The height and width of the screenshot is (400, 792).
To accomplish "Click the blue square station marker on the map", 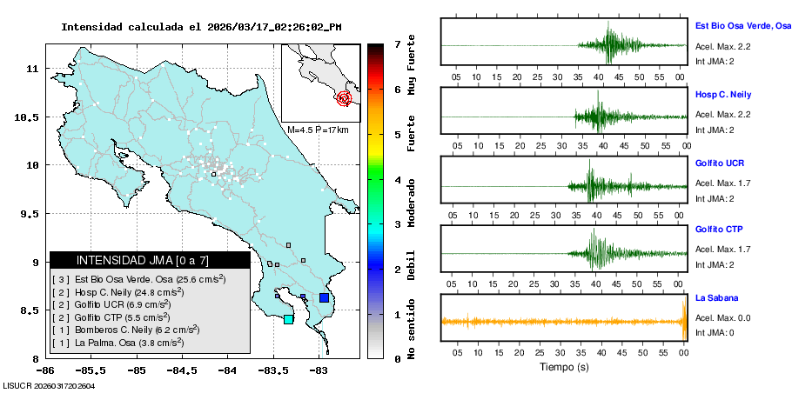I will pos(324,297).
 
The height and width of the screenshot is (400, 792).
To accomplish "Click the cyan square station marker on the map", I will pos(289,319).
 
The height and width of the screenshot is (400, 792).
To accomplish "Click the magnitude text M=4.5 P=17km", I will pos(318,130).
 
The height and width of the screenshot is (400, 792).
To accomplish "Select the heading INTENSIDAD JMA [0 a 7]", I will pos(143,260).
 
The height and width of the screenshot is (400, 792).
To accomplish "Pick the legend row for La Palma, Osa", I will pos(117,343).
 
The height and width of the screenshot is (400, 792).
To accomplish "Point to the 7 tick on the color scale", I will pos(397,43).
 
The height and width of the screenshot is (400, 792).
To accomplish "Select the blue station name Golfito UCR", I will pos(719,163).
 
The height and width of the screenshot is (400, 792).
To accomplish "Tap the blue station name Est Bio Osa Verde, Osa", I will pos(742,27).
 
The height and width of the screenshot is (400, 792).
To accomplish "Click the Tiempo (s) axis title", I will pos(564,367).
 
